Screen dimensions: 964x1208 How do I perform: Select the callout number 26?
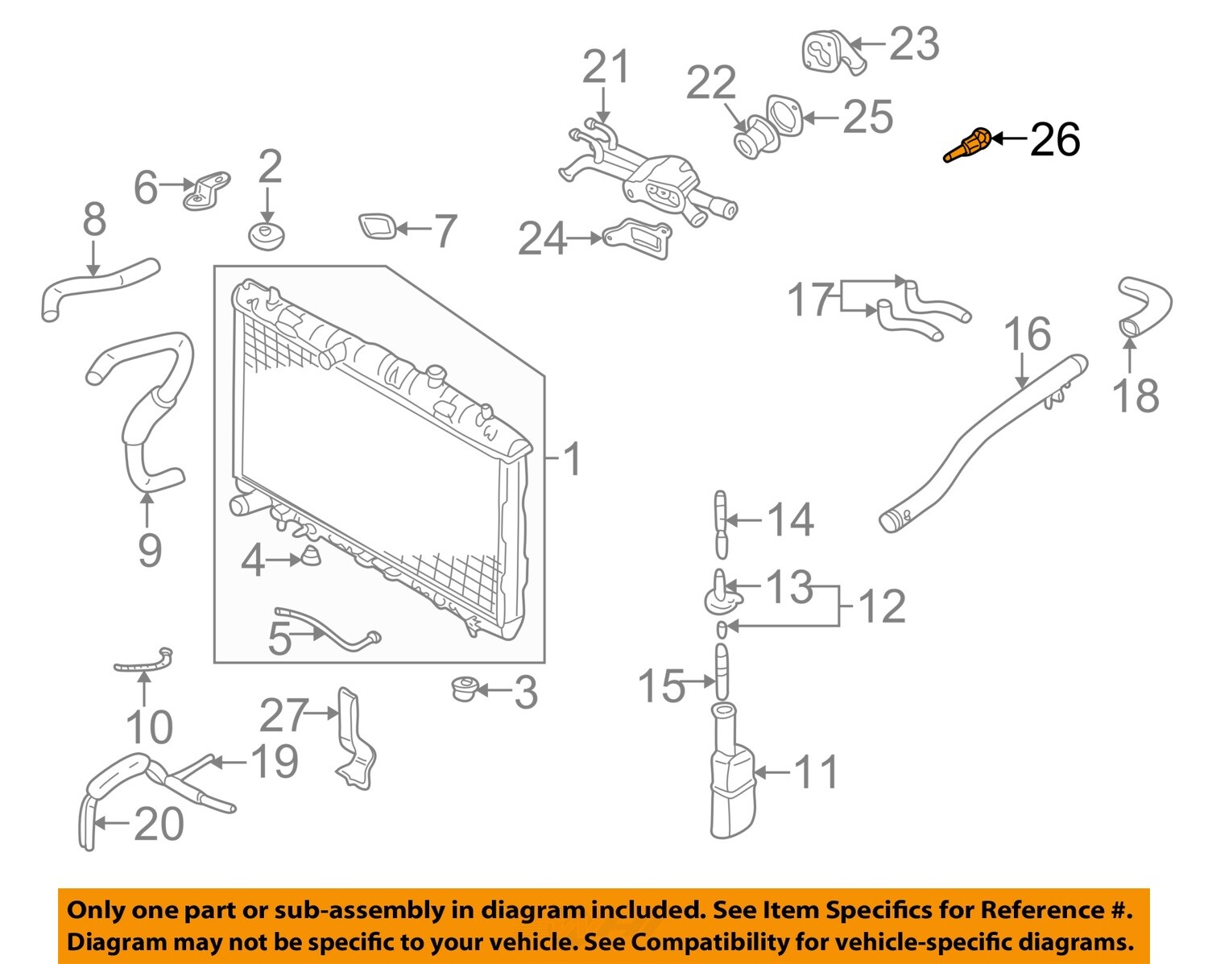1055,140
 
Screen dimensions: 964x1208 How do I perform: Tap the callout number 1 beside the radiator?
571,460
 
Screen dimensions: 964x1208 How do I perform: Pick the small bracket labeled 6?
206,191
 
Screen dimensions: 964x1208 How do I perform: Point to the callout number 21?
606,68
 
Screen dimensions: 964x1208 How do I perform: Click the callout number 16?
1028,334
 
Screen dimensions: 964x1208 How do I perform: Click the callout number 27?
283,715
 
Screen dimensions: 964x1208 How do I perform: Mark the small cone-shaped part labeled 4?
310,556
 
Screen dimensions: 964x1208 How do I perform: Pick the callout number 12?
881,606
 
